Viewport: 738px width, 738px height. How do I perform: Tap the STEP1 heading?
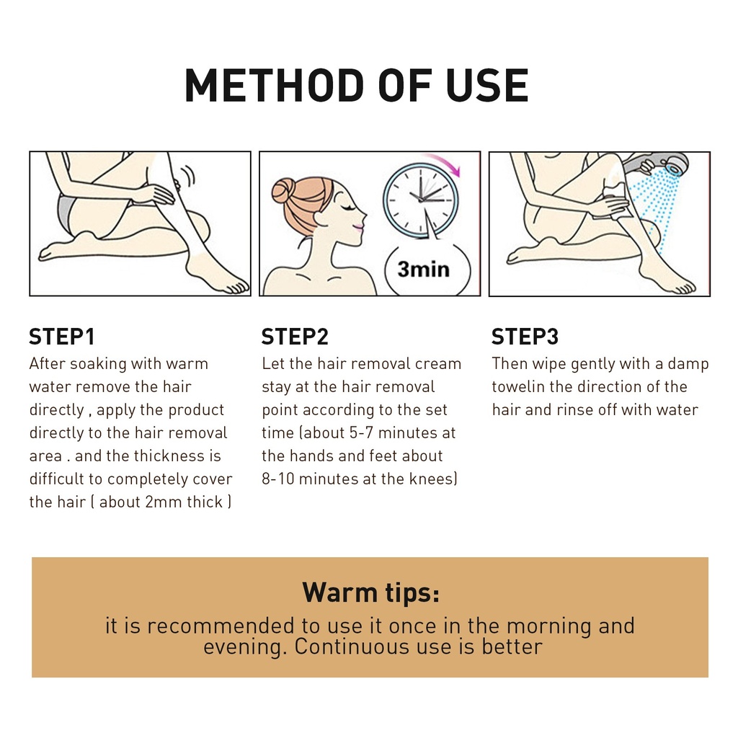(62, 337)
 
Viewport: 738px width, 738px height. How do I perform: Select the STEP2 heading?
(295, 337)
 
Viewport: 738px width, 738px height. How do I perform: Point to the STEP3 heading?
(525, 337)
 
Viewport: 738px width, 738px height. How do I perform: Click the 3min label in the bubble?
(423, 270)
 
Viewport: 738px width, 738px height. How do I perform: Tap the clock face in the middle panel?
(421, 199)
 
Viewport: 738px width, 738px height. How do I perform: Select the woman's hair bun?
(283, 190)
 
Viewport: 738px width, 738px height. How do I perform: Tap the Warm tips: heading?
(370, 592)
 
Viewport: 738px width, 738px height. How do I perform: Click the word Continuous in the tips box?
(352, 646)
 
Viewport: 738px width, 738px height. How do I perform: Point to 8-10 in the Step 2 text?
(277, 479)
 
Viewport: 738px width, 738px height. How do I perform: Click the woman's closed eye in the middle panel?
(350, 208)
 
